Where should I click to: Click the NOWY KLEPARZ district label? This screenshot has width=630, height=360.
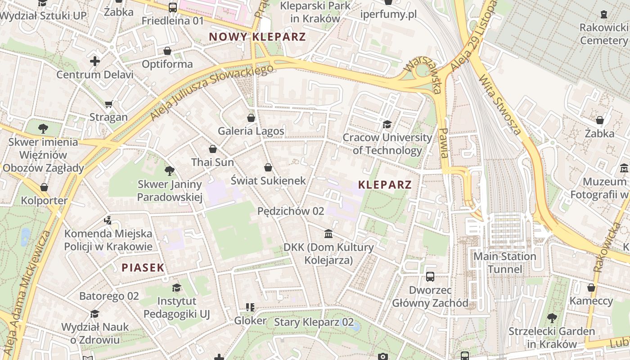click(257, 37)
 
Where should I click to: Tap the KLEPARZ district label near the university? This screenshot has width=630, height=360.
click(385, 184)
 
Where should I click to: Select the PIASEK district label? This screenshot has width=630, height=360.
click(143, 268)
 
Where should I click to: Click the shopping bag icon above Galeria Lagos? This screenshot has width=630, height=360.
click(251, 118)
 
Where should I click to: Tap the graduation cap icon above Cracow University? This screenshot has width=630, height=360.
click(387, 124)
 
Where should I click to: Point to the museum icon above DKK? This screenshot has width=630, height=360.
click(328, 234)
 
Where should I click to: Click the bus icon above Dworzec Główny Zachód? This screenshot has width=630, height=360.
click(430, 276)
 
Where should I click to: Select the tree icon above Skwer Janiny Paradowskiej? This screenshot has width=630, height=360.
click(170, 171)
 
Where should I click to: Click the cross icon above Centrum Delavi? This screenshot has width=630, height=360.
click(95, 61)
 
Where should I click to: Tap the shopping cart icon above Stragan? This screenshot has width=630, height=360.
click(108, 104)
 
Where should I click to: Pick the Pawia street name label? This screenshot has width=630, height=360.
click(444, 143)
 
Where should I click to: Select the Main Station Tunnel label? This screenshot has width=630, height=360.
click(505, 263)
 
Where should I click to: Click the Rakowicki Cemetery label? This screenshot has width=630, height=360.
click(603, 34)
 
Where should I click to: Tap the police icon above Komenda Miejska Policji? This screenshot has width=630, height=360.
click(108, 220)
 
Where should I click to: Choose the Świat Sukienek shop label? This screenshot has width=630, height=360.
click(268, 180)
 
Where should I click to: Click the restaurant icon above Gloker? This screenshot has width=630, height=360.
click(250, 307)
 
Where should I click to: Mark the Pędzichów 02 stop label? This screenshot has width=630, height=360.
click(291, 211)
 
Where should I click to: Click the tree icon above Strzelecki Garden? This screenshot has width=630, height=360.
click(552, 318)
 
